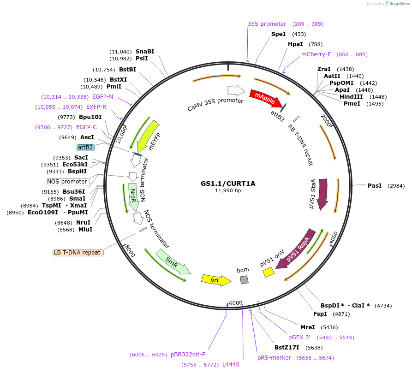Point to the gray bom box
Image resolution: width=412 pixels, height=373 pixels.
coord(244,279)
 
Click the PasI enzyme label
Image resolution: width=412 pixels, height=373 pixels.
coord(374,185)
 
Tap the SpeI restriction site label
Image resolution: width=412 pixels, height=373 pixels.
coord(278,34)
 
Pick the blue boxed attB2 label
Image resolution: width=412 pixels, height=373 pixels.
coord(85,148)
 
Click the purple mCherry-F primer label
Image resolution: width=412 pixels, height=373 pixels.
coord(316,54)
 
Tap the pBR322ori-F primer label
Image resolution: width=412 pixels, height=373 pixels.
coord(188,355)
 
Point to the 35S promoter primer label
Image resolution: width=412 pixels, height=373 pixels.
coord(267,24)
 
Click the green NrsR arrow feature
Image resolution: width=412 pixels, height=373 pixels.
coord(133,197)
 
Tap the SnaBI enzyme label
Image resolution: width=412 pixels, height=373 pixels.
coord(144,52)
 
